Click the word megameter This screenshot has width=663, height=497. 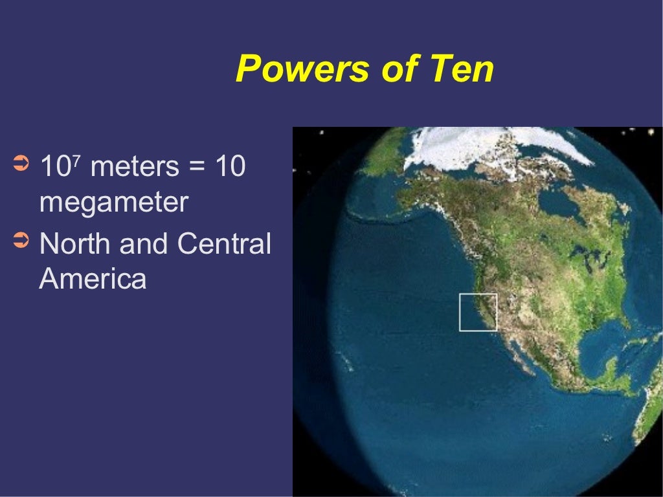point(113,203)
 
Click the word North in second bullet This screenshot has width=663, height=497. point(73,245)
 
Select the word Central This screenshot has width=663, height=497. point(223,245)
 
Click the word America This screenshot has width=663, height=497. point(93,280)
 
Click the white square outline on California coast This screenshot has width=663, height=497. point(478,312)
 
